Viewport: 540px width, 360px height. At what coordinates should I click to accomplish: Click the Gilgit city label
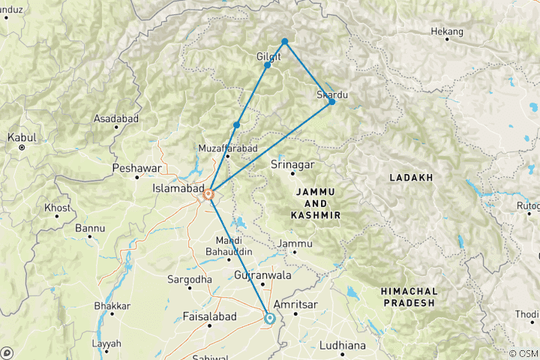[268, 56]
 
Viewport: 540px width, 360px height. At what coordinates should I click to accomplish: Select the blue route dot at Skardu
[332, 101]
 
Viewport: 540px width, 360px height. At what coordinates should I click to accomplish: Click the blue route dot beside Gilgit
[267, 65]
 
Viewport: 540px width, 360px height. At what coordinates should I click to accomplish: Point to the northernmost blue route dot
[285, 41]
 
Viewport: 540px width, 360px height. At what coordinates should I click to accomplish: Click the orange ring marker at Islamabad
[209, 196]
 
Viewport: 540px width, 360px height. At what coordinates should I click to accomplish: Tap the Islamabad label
[176, 188]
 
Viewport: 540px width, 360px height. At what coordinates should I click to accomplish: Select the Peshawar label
[136, 169]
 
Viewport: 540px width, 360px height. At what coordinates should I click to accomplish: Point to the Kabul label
[22, 138]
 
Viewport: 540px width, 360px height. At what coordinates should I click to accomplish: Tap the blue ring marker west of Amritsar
[269, 318]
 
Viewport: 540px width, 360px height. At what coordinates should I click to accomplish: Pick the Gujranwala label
[262, 275]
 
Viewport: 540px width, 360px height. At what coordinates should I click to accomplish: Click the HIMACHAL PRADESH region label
[407, 295]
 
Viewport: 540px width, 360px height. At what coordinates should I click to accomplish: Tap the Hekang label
[448, 32]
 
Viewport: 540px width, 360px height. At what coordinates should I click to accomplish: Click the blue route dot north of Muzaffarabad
[236, 124]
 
